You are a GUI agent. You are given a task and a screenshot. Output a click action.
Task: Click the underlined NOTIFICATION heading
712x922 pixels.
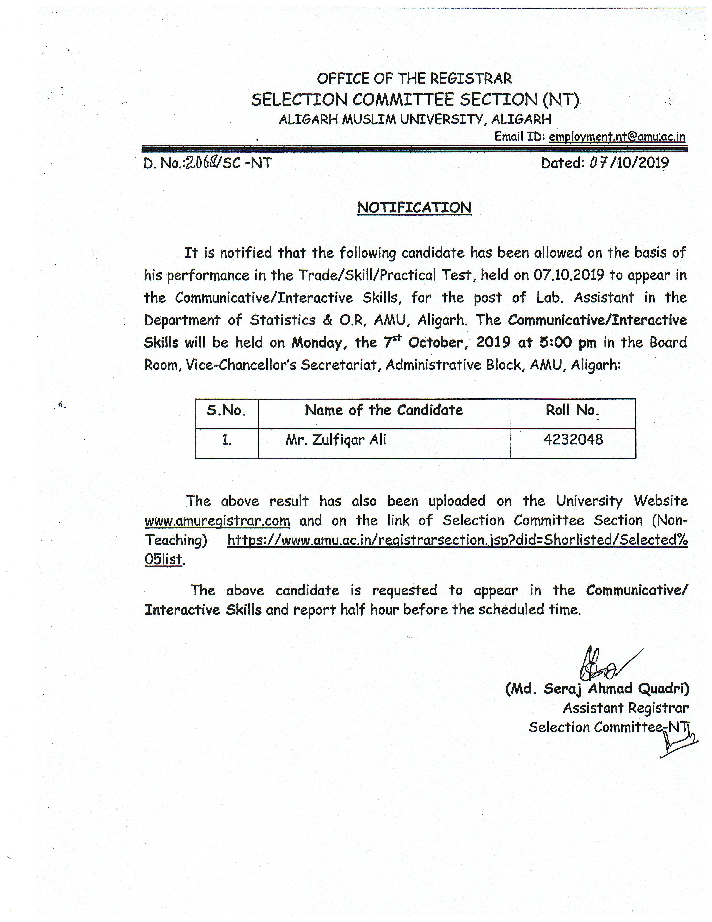[x=414, y=208]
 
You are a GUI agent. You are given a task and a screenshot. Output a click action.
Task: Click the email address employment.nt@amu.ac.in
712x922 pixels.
[x=617, y=137]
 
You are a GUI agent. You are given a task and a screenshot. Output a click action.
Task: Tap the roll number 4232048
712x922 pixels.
[x=573, y=439]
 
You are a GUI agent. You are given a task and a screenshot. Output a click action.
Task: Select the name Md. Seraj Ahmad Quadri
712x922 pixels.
[x=597, y=689]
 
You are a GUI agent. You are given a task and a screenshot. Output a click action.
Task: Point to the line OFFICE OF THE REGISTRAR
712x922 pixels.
[x=414, y=79]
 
